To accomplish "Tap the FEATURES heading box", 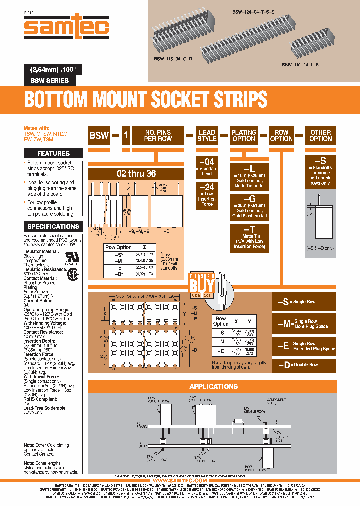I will pos(53,153).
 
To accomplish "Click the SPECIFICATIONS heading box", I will pos(53,226).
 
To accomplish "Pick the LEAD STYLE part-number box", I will pos(206,136).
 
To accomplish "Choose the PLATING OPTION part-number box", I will pos(244,136).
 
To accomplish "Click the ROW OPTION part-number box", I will pos(281,136).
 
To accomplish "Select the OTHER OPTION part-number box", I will pos(320,136).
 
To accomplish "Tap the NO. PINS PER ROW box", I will pos(158,136).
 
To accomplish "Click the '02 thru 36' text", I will pos(136,174).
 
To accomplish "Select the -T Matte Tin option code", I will pos(243,229).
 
